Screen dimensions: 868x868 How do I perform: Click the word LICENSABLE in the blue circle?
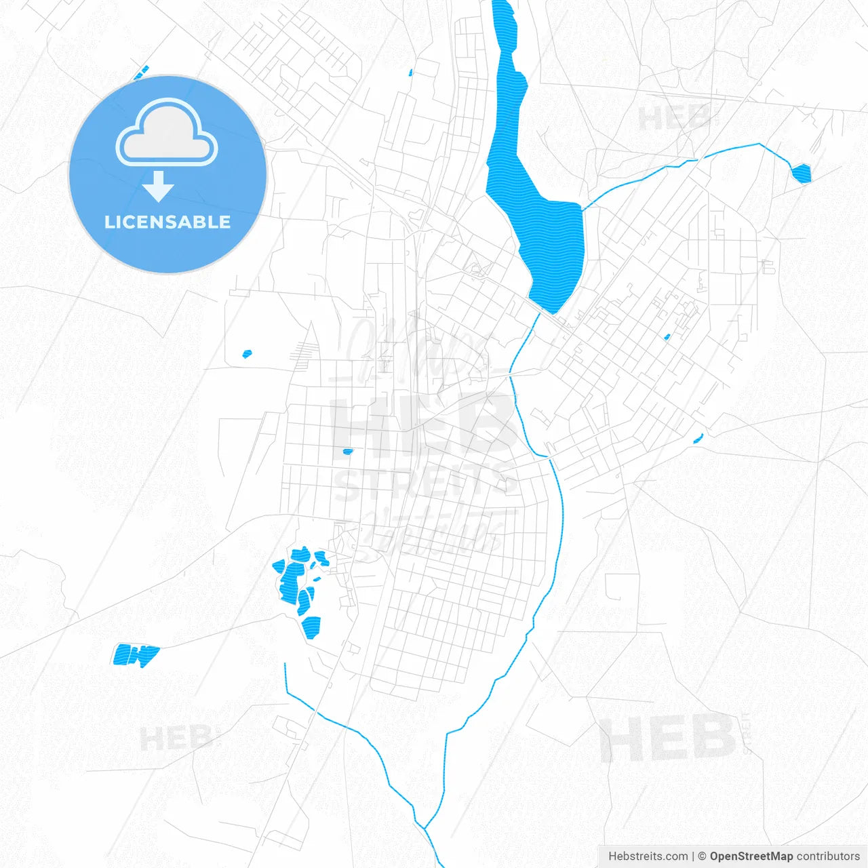tap(167, 222)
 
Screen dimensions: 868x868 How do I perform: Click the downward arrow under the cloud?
tap(159, 186)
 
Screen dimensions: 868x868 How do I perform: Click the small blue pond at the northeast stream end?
tap(802, 174)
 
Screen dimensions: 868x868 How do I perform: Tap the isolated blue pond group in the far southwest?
tap(136, 654)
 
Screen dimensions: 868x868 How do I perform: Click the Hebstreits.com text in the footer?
tap(648, 856)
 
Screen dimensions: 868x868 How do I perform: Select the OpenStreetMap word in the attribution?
tap(751, 856)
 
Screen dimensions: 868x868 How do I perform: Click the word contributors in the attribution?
tap(828, 856)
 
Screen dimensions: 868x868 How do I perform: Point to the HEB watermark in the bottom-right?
tap(667, 738)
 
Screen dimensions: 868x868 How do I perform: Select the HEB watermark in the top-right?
tap(675, 119)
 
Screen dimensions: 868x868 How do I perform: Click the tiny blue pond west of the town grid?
tap(248, 353)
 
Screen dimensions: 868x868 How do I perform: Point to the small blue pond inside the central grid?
tap(348, 451)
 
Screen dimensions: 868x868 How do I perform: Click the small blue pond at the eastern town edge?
tap(698, 438)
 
